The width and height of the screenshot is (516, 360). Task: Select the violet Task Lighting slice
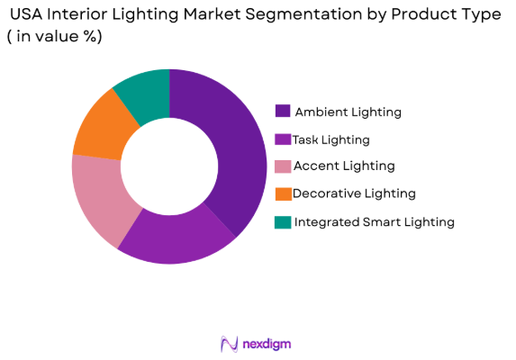point(176,236)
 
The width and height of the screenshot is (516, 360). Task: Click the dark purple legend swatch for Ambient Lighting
point(283,112)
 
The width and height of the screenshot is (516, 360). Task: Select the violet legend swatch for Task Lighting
point(283,139)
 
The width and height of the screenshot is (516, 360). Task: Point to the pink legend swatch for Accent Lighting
point(283,166)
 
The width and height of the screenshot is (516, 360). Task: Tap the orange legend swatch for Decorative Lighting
point(283,193)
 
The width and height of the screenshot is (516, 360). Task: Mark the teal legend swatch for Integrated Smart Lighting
point(283,221)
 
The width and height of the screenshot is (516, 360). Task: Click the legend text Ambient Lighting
point(348,112)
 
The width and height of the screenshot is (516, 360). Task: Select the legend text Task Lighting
point(331,139)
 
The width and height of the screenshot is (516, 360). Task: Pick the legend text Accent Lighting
point(343,166)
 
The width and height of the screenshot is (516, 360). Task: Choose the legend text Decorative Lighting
point(354,193)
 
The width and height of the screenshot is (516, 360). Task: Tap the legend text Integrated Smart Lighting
point(374,221)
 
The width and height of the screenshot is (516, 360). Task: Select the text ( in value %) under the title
point(54,37)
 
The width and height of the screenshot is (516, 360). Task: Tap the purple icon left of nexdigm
point(229,344)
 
